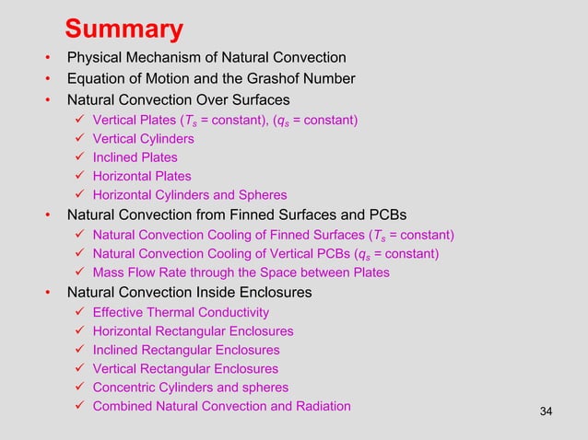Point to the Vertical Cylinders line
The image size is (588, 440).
point(143,139)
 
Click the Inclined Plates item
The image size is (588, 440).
point(135,157)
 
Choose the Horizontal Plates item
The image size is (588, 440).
point(142,176)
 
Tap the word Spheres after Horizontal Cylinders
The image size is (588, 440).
point(261,195)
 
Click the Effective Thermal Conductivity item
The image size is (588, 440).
point(181,313)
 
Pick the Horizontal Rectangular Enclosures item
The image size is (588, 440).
point(194,331)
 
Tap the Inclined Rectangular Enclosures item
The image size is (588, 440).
point(186,350)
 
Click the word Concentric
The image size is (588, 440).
point(126,388)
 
